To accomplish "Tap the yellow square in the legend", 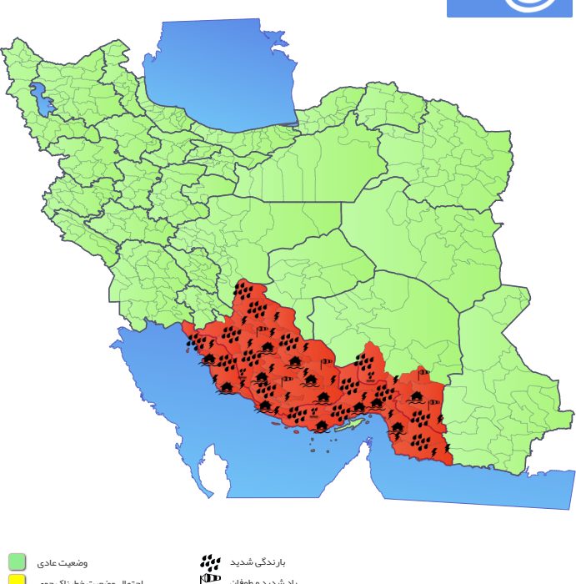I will point(17,580).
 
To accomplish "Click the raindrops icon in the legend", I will point(210,561).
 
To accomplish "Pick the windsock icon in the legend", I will point(210,578).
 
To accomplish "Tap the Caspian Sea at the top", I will point(221,75).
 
